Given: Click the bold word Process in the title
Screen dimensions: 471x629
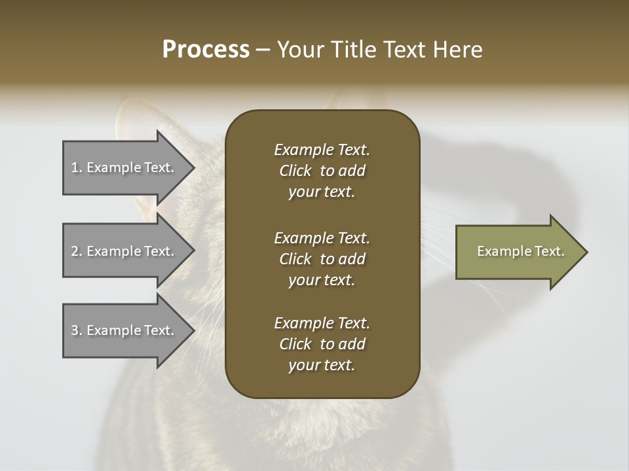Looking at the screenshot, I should coord(206,50).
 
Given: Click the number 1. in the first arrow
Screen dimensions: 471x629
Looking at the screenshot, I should coord(76,167).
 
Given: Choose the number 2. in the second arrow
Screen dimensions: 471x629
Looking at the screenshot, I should coord(76,251).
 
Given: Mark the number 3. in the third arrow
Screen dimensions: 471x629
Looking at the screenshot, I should coord(76,330).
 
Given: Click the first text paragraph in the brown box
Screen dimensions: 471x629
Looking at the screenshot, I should coord(322,171).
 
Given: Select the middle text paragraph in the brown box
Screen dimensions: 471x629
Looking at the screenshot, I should coord(322,259).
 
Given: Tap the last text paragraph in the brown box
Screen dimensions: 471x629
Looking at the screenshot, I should coord(322,344).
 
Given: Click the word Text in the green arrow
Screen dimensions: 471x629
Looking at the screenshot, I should coord(549,251).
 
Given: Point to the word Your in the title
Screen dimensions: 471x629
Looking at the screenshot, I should coord(299,50).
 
